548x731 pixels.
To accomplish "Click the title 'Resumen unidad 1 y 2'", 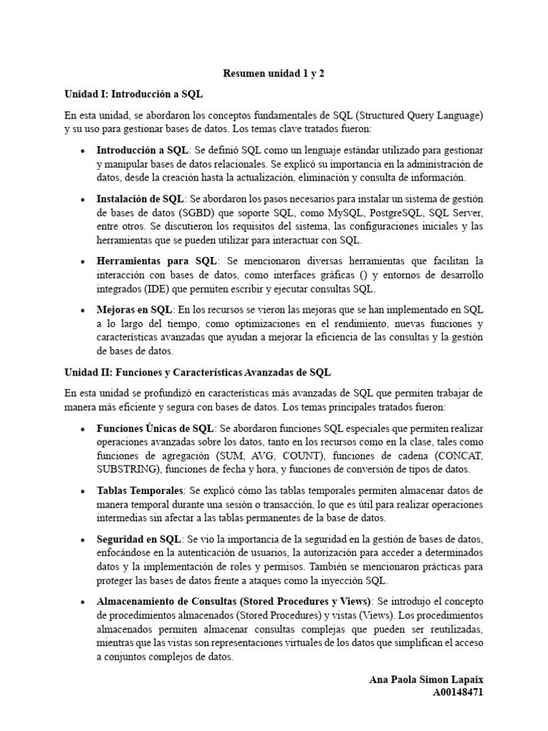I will point(273,73).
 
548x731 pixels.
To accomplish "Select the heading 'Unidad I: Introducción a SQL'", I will point(138,94).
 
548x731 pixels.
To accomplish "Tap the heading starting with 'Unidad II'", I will point(198,373).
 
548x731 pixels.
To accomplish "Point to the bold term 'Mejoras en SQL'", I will point(134,310).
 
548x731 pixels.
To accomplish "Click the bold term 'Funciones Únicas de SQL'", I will point(155,428).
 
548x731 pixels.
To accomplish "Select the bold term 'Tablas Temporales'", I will point(141,491).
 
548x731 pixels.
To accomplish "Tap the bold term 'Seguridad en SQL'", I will point(138,539).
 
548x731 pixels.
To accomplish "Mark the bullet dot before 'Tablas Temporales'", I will point(83,492).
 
